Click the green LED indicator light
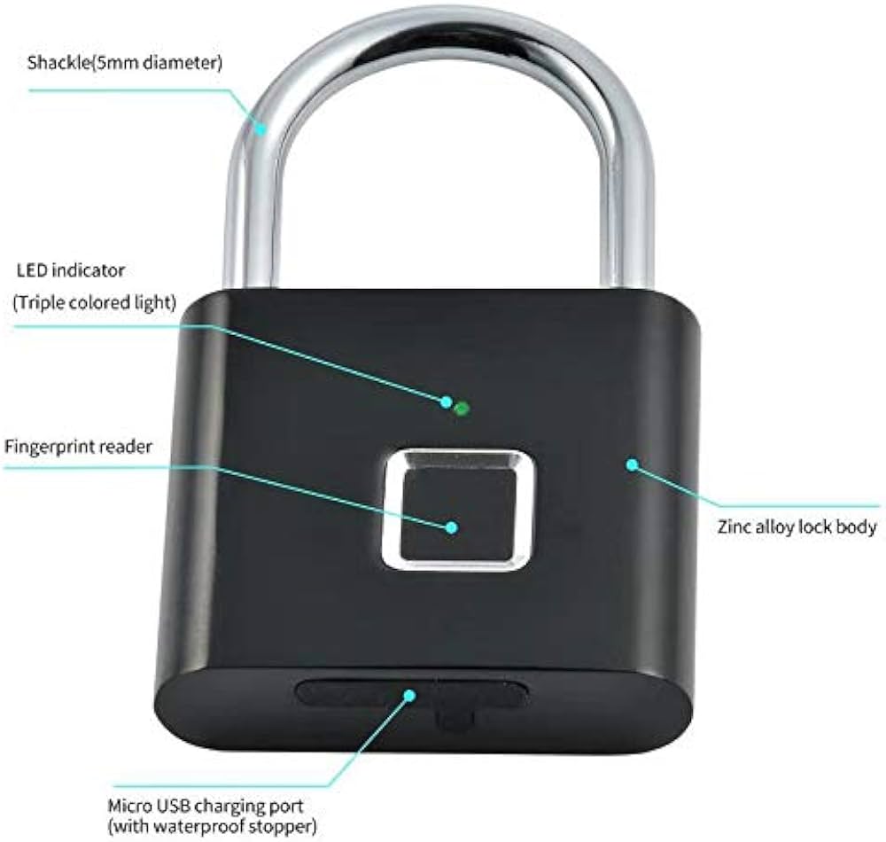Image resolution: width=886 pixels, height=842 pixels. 461,409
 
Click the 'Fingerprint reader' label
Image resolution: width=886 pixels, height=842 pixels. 78,446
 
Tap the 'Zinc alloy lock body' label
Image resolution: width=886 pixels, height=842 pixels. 797,527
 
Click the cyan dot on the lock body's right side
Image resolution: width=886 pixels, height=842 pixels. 632,463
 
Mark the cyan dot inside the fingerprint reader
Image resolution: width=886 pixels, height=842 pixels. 451,526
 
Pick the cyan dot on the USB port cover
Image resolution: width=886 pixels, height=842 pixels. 409,695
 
